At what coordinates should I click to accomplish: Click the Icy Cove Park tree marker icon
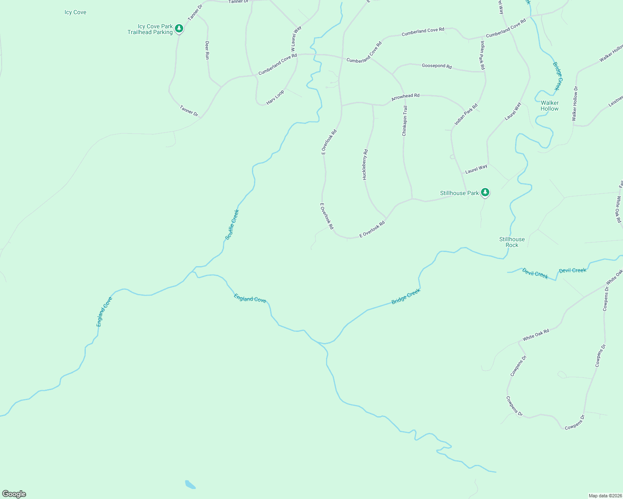coord(179,28)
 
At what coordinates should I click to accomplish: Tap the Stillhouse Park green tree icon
coord(485,192)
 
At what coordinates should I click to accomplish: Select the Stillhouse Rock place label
coord(512,242)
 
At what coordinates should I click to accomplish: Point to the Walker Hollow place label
coord(549,106)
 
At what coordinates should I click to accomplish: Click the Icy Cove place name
coord(75,12)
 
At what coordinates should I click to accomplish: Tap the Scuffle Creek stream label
coord(232,225)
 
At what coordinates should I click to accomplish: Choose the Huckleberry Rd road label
coord(365,164)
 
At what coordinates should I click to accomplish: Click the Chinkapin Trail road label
coord(404,121)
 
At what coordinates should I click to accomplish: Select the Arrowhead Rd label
coord(405,97)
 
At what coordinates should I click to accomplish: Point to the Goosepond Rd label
coord(436,66)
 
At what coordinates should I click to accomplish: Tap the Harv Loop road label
coord(275,97)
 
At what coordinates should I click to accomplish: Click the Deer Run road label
coord(207,50)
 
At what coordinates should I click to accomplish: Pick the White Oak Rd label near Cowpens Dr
coord(536,335)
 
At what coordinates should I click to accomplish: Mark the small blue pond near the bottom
coord(190,484)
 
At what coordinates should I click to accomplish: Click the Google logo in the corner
coord(14,494)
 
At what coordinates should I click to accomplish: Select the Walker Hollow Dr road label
coord(575,104)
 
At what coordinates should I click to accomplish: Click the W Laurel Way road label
coord(296,38)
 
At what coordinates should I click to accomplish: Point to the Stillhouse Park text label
coord(459,193)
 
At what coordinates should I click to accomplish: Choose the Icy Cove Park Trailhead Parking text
coord(150,29)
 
